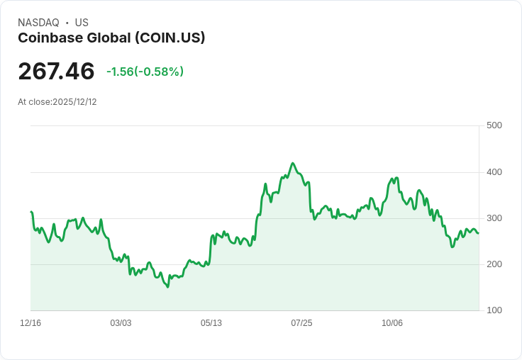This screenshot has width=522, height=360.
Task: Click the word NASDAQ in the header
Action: [x=38, y=23]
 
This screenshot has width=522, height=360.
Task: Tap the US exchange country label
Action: [x=82, y=23]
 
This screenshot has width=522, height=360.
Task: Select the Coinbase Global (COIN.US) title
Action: [x=111, y=38]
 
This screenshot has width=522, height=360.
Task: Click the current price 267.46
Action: [x=56, y=72]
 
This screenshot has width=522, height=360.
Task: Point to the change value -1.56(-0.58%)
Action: [x=145, y=72]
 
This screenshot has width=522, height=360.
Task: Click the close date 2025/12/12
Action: [x=74, y=102]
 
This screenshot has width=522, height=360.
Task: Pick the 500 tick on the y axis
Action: [x=494, y=126]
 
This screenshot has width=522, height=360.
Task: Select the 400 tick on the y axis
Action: [x=494, y=172]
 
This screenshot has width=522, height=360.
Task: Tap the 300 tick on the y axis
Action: [x=494, y=218]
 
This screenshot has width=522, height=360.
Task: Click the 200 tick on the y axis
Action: [x=494, y=264]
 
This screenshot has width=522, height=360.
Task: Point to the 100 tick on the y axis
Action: [x=494, y=310]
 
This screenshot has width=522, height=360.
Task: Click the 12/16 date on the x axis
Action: [x=30, y=323]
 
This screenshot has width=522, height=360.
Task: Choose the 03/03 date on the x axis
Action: [x=121, y=323]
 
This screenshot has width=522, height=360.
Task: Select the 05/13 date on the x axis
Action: [x=211, y=323]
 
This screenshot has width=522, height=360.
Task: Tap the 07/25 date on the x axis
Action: [x=301, y=323]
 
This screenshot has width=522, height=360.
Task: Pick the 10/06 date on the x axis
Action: [x=392, y=323]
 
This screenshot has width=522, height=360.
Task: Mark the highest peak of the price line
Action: [x=293, y=163]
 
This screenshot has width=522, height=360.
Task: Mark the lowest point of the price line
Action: [x=167, y=287]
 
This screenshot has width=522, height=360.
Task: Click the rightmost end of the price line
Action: [x=478, y=233]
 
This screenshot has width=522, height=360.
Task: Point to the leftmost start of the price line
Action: [x=30, y=211]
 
